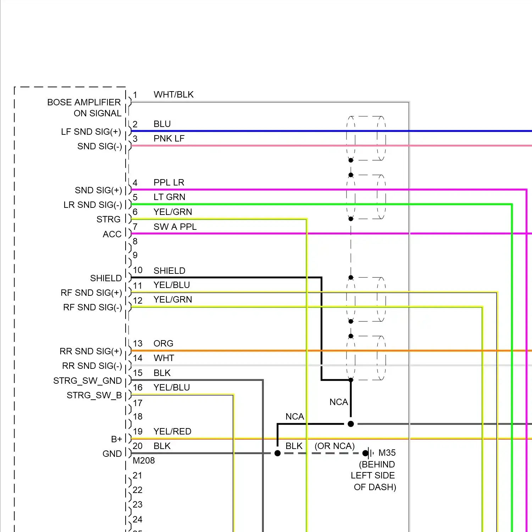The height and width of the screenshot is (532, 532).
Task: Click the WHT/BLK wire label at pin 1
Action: pyautogui.click(x=173, y=95)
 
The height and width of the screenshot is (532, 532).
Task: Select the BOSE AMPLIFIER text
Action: pyautogui.click(x=84, y=102)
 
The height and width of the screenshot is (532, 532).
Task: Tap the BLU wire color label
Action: pyautogui.click(x=162, y=124)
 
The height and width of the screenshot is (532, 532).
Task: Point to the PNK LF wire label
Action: pyautogui.click(x=169, y=139)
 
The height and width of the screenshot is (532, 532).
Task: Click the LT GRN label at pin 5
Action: pyautogui.click(x=169, y=197)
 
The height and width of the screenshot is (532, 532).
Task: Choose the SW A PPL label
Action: pyautogui.click(x=175, y=227)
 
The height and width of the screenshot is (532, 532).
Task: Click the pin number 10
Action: pyautogui.click(x=138, y=270)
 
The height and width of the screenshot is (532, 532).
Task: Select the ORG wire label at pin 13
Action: pyautogui.click(x=163, y=344)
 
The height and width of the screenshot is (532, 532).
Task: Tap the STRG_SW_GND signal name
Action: pyautogui.click(x=87, y=381)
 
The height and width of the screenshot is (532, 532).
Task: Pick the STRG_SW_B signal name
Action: pyautogui.click(x=94, y=395)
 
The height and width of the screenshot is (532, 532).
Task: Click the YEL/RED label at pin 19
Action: pyautogui.click(x=172, y=432)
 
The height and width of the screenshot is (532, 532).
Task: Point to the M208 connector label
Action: pyautogui.click(x=144, y=461)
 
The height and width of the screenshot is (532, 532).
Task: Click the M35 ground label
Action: pyautogui.click(x=387, y=453)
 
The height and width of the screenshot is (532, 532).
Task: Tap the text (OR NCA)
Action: pyautogui.click(x=334, y=446)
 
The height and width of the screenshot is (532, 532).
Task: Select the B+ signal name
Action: pyautogui.click(x=116, y=439)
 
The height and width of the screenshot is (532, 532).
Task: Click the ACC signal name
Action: pyautogui.click(x=112, y=234)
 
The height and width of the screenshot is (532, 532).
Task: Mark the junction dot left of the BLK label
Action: pyautogui.click(x=278, y=453)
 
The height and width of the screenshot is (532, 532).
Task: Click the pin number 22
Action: pyautogui.click(x=138, y=490)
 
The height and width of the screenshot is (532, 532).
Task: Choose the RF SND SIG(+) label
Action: pyautogui.click(x=91, y=293)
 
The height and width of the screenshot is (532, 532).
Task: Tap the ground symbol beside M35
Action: pyautogui.click(x=370, y=453)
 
